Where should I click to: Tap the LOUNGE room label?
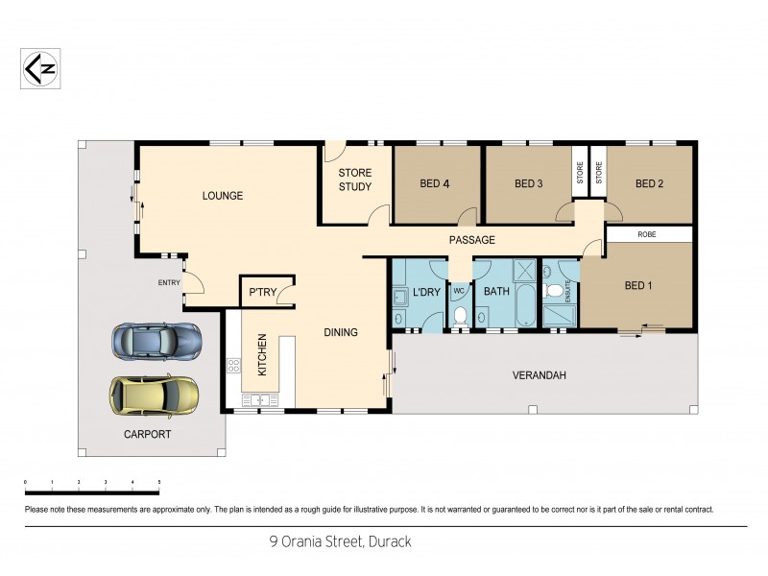[222, 196]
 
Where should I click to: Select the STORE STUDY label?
[354, 180]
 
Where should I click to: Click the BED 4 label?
[435, 184]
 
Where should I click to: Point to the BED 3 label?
[529, 184]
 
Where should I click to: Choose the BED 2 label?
[650, 184]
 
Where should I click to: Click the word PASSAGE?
[472, 240]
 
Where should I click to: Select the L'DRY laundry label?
[426, 291]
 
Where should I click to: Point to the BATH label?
[496, 291]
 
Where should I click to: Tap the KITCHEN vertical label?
[261, 354]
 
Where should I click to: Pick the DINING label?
[340, 333]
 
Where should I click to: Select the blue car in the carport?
[156, 340]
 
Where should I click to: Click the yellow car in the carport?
[154, 394]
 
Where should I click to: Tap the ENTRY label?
[169, 282]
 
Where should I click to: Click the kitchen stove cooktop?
[233, 365]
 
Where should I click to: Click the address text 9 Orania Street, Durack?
[340, 541]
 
